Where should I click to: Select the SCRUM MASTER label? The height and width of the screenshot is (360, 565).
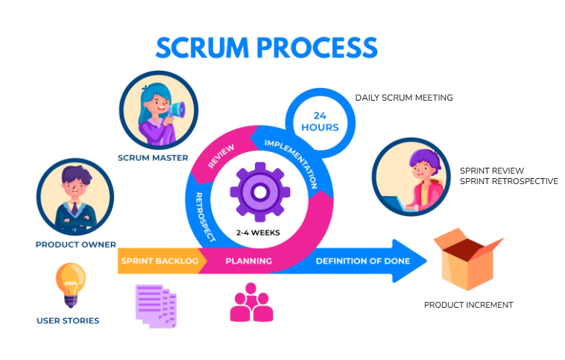click(x=158, y=157)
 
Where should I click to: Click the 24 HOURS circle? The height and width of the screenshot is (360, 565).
click(x=320, y=121)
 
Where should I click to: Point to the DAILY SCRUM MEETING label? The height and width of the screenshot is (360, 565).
click(x=403, y=98)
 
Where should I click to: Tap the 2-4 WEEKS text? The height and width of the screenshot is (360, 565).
click(x=259, y=233)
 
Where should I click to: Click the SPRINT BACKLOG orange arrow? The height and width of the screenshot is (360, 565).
click(x=158, y=261)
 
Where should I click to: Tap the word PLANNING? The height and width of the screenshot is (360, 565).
click(x=249, y=261)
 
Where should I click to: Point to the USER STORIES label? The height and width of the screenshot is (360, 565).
click(x=68, y=320)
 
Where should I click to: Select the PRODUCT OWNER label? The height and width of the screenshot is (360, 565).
click(x=75, y=244)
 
